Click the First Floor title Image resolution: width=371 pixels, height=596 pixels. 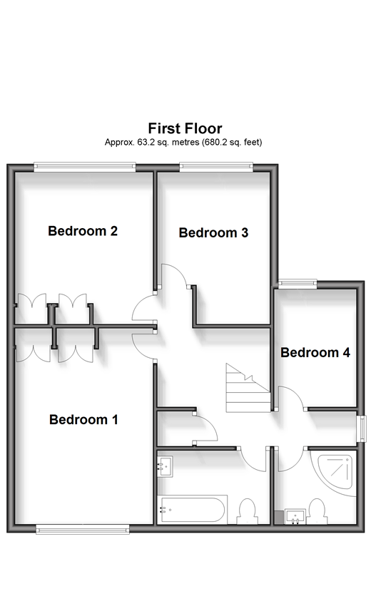point(185,128)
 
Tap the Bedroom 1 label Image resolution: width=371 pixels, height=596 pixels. point(83,419)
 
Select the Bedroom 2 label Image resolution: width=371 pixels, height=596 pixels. point(83,231)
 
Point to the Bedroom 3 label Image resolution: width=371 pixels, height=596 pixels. point(213,232)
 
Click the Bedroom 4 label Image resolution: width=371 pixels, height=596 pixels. point(315,352)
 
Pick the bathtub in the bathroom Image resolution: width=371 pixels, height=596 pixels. point(192,509)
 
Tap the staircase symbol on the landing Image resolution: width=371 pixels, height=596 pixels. point(248,388)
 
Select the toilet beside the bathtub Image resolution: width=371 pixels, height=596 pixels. point(246,512)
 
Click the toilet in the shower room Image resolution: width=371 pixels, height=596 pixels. point(317,512)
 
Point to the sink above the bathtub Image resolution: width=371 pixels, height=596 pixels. point(165,466)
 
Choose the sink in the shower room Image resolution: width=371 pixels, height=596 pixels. point(295,517)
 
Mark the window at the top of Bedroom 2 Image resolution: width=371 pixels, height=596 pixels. point(84,167)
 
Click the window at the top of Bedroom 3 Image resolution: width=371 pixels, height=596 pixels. point(216,167)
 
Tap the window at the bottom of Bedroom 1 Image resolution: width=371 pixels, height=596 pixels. point(83,529)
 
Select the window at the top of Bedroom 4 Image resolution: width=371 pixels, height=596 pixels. point(298,283)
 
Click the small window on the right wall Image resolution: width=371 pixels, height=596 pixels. point(363,428)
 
